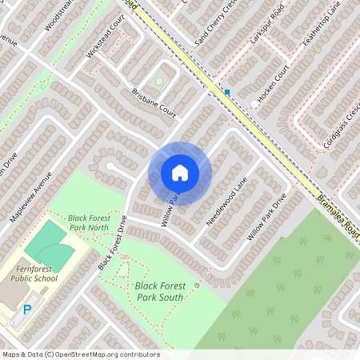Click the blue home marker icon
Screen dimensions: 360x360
(x=180, y=173)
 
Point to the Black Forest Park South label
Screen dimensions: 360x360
(x=159, y=291)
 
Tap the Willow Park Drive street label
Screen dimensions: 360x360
(x=266, y=218)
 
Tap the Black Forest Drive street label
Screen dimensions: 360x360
(x=113, y=243)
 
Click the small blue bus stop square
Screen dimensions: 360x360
(x=227, y=92)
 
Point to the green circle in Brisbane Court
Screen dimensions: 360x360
(x=158, y=81)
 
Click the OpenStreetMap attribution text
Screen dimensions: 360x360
(x=80, y=354)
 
